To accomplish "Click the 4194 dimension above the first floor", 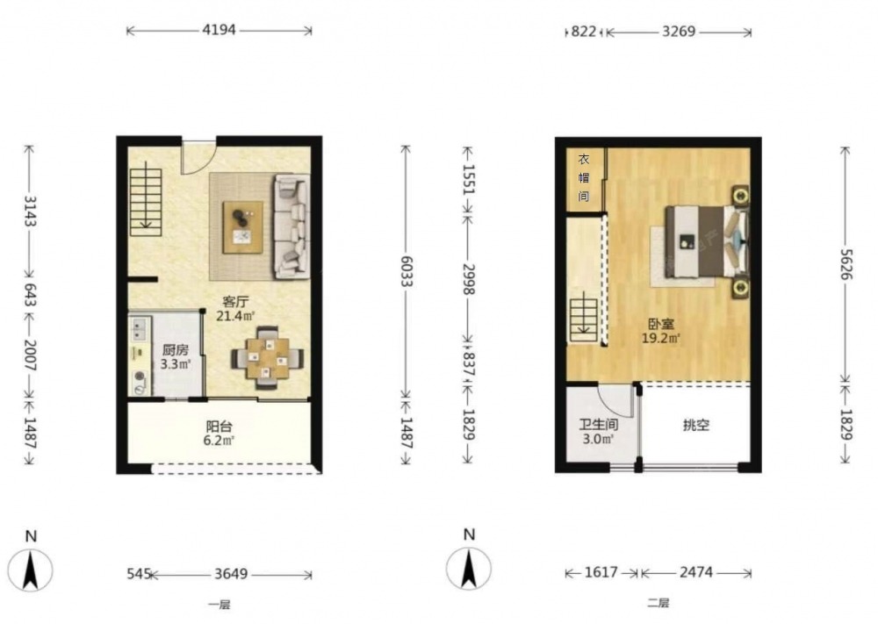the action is [219, 30].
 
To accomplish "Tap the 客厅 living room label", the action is [235, 302].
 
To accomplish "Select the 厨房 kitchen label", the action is [176, 350].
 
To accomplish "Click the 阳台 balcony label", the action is [219, 427].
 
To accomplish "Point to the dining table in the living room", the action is [268, 357].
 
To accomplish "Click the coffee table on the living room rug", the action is [243, 227].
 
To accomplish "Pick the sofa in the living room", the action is [291, 226].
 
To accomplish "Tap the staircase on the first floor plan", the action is [146, 198].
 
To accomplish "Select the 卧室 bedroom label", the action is [661, 324].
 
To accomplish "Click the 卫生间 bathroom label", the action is [598, 425].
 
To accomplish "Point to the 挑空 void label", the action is [696, 426].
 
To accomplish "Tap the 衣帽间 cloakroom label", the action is [584, 177].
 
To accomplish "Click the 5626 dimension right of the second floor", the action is [846, 265].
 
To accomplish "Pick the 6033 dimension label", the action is [406, 271].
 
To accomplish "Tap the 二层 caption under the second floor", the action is [658, 603].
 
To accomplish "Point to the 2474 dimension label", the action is [696, 572].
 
